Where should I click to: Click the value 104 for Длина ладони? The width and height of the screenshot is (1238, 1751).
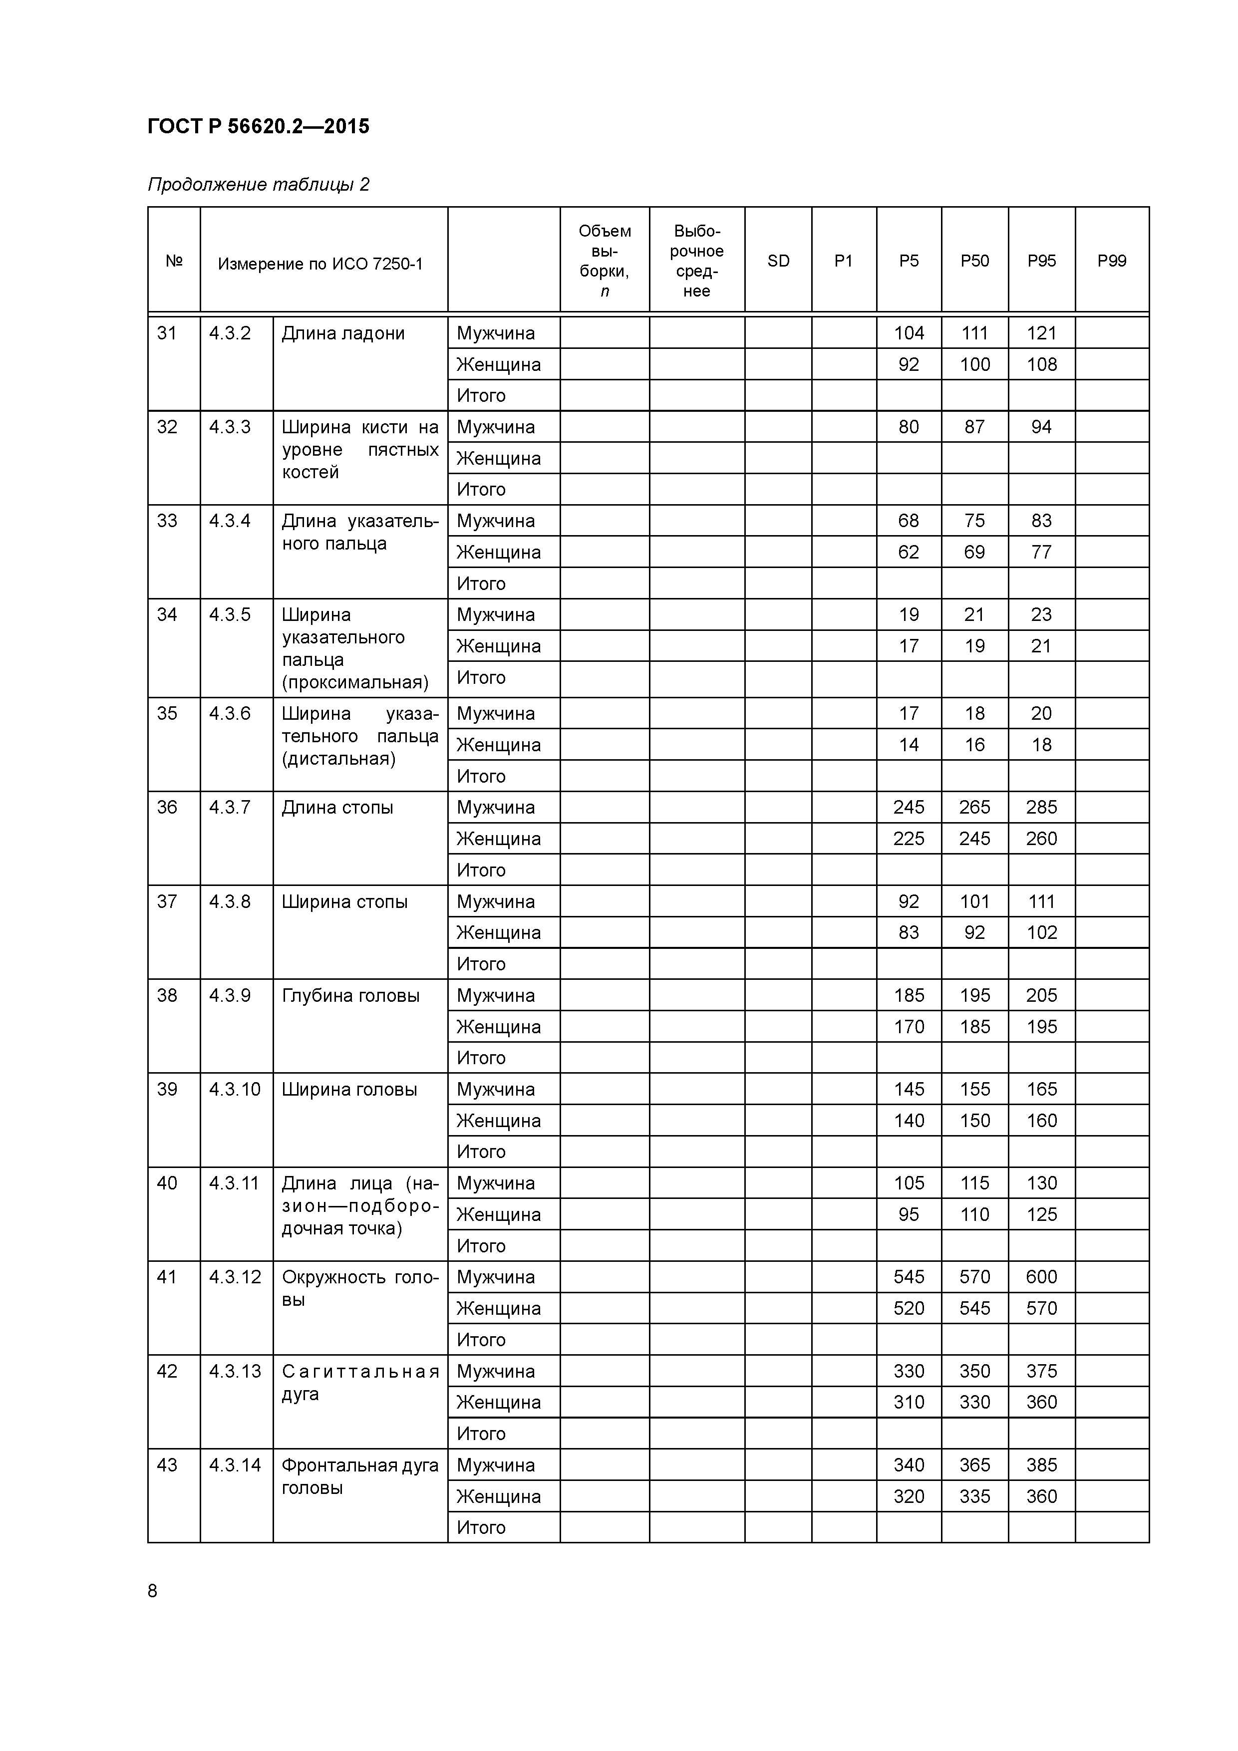[909, 333]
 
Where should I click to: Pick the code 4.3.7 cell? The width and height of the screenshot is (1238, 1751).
[230, 808]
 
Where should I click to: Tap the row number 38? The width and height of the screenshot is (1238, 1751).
[167, 995]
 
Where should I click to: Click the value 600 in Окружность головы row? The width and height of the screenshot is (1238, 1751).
[1041, 1277]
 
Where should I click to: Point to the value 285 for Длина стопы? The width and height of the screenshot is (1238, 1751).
[1041, 808]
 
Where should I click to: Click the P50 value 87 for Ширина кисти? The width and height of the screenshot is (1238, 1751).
[974, 427]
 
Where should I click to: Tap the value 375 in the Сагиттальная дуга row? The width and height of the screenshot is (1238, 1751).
[1041, 1371]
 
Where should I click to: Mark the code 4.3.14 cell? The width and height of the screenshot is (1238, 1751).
[235, 1465]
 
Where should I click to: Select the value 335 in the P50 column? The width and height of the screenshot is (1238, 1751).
[974, 1496]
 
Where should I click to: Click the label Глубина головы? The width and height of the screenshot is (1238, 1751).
[350, 995]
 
